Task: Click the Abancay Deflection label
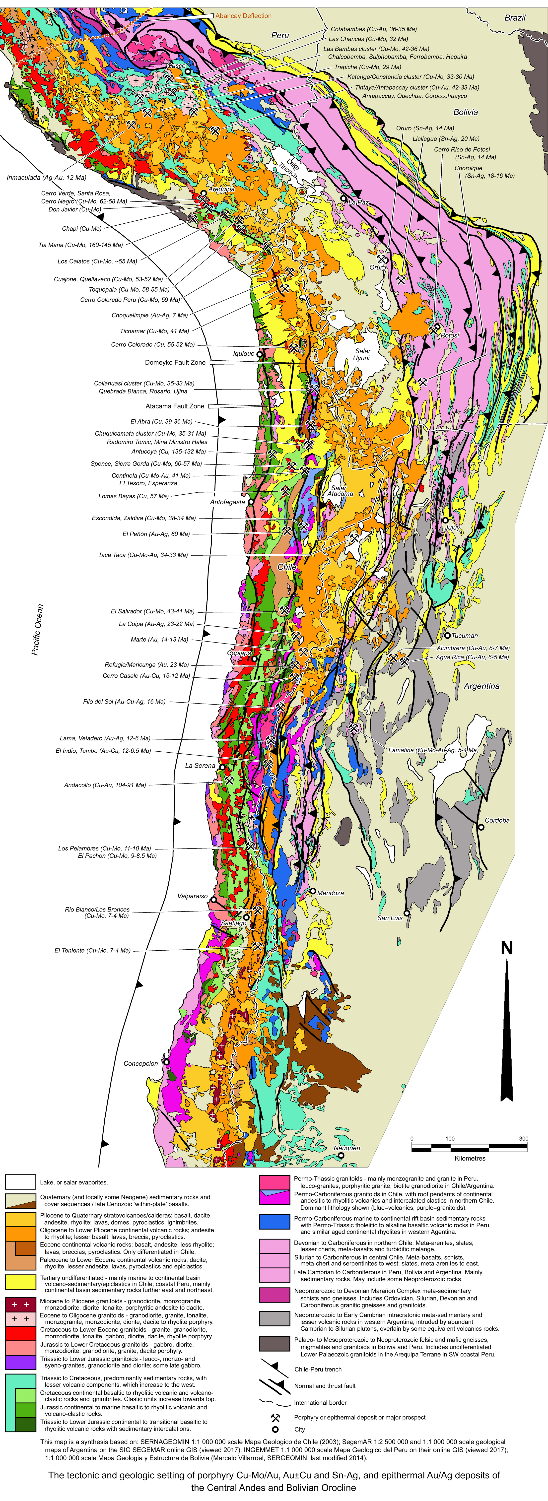coord(243,16)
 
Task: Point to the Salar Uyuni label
coord(362,354)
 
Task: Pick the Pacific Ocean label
coord(37,629)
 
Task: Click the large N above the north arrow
coord(507,948)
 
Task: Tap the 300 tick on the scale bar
coord(524,1138)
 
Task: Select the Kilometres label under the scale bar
coord(470,1158)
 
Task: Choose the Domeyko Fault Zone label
coord(175,362)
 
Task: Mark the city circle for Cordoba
coord(481,827)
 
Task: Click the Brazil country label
coord(515,17)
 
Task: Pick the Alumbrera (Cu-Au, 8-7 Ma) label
coord(473,647)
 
